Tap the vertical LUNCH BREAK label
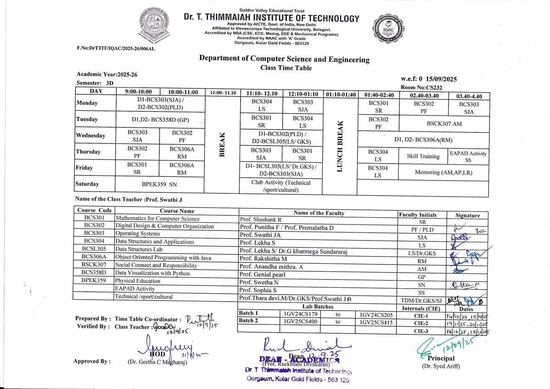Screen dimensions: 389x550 pyautogui.click(x=340, y=147)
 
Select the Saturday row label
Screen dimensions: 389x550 pyautogui.click(x=87, y=184)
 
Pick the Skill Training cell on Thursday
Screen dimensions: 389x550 pyautogui.click(x=423, y=156)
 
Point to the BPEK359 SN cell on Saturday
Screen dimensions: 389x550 pyautogui.click(x=159, y=184)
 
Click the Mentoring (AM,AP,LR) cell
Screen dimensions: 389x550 pyautogui.click(x=443, y=173)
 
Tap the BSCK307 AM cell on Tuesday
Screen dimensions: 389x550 pyautogui.click(x=444, y=123)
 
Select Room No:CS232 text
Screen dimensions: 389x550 pyautogui.click(x=421, y=87)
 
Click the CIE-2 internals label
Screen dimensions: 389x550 pyautogui.click(x=421, y=323)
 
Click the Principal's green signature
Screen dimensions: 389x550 pyautogui.click(x=444, y=344)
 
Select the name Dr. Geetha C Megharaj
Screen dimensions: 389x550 pyautogui.click(x=157, y=362)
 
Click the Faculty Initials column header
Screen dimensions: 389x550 pyautogui.click(x=418, y=215)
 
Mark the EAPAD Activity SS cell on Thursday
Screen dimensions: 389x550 pyautogui.click(x=468, y=157)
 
